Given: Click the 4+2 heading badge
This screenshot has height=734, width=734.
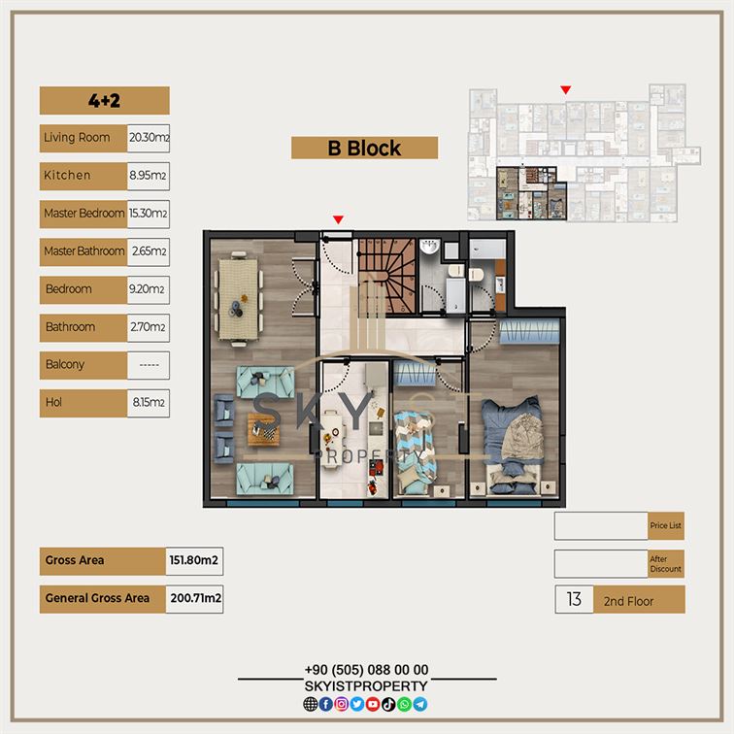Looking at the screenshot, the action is pos(105,100).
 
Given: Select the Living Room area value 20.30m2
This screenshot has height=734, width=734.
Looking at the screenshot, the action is pos(149,138).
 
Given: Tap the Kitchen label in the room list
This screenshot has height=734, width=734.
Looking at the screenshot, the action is pos(67,175).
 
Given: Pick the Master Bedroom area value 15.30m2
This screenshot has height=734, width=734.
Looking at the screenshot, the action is pos(149,214).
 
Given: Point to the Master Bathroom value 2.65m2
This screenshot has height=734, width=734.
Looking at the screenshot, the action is pos(149,251).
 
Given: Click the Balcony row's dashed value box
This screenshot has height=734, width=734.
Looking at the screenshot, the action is pos(149,365).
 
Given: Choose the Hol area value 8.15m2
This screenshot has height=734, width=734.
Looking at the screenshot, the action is pos(149,403).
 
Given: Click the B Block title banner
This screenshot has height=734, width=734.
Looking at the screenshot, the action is pos(364,148).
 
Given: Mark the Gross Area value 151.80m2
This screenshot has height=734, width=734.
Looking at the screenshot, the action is pos(194,561).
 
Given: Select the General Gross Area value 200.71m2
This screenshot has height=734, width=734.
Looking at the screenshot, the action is pos(194,599).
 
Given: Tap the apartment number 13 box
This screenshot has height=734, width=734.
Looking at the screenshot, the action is pos(574,599).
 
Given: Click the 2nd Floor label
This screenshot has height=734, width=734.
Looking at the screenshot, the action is pos(628,601).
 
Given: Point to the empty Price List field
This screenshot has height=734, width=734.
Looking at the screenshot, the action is pos(601,525).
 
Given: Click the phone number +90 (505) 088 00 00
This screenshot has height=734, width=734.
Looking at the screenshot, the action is pos(367,670).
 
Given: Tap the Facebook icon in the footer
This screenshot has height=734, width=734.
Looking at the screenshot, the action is pos(326,704).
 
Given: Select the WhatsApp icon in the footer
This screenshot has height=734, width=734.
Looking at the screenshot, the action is pos(404,704).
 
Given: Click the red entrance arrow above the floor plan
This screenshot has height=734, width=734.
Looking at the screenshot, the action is pos(338,219).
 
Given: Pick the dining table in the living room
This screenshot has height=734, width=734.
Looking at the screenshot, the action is pos(238,299).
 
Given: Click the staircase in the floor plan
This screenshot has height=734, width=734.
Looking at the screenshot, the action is pos(387,276).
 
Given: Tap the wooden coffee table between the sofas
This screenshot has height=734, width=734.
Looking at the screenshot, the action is pos(263,429).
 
